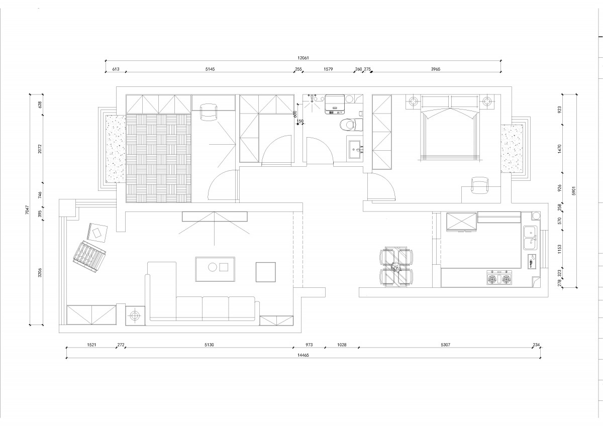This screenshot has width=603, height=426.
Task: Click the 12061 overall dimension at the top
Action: coord(303,58)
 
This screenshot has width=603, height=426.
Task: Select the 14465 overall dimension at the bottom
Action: coord(303,355)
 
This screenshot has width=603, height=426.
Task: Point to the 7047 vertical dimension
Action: coord(27,209)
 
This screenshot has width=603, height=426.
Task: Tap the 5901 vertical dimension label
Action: coord(574,191)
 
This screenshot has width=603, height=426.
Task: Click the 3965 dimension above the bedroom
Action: coord(436,69)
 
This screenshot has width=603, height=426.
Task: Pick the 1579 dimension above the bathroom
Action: coord(328,69)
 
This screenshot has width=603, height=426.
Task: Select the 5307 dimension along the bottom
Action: coord(446,345)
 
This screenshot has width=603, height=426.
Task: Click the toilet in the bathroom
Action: coord(351,125)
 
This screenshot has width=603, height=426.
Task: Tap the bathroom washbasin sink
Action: coord(356,149)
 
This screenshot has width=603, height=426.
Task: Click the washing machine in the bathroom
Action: coord(335,104)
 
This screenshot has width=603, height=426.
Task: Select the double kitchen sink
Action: coord(530,238)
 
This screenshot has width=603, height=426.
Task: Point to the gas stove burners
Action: coord(499,280)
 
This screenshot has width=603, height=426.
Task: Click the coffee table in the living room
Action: coord(215,269)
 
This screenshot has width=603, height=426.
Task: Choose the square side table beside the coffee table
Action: coord(266,272)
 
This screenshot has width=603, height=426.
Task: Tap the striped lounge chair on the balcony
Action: coord(89,257)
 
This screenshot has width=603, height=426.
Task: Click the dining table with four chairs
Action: coord(396,266)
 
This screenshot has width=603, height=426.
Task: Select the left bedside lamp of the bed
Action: coord(413,101)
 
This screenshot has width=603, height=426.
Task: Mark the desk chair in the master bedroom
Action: coord(480,185)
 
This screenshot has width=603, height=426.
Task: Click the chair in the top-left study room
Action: coord(209,113)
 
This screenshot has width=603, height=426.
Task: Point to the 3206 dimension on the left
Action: coord(40,272)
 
